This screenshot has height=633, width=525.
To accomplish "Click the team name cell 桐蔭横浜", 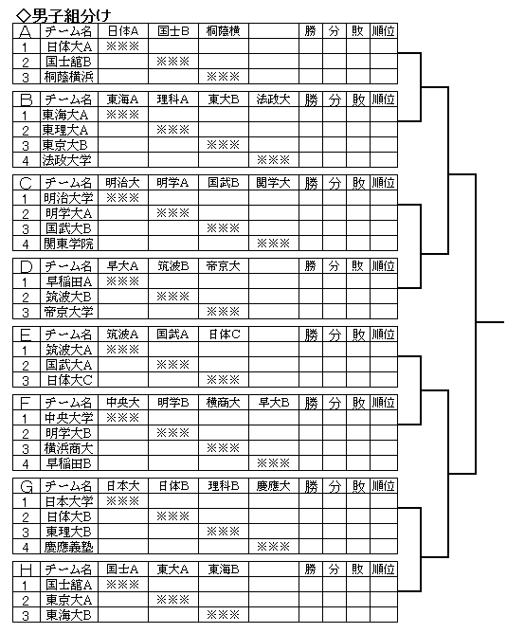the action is tap(69, 77).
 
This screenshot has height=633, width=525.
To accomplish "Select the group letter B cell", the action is tap(27, 99).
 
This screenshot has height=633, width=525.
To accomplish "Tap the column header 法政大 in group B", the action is tap(274, 99).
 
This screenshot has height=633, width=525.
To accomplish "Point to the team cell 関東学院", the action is tap(69, 244).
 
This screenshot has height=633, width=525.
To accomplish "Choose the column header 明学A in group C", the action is tap(172, 183).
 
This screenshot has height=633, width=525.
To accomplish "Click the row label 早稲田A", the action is tap(69, 281).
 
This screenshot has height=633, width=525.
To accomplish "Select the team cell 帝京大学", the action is tap(69, 312).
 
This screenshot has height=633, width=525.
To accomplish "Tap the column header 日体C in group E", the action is tap(224, 335).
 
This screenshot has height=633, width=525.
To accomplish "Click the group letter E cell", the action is tap(27, 335).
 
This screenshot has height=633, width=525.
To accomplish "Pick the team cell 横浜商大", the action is tap(69, 448).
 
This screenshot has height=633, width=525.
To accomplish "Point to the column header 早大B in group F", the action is tap(274, 403).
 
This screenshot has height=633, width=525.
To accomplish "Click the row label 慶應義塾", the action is tap(69, 547).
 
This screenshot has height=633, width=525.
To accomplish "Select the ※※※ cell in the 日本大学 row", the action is tap(123, 501).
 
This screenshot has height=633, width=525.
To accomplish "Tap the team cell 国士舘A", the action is tap(69, 585).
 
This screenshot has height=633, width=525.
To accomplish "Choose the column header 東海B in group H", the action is tap(224, 570).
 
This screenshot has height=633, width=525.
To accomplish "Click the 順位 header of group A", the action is tap(384, 31).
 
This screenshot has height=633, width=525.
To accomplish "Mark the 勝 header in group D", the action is tap(311, 266).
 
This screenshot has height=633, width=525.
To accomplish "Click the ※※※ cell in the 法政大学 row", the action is tap(274, 160).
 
